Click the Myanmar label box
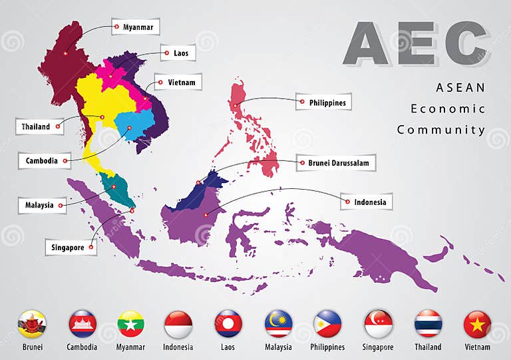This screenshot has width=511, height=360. click(135, 27)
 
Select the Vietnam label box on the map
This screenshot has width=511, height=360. click(178, 83)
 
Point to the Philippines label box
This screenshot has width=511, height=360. click(323, 102)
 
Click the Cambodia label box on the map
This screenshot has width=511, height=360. click(45, 160)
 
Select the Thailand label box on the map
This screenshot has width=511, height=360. click(39, 126)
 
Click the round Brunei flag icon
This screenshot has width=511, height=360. click(32, 324)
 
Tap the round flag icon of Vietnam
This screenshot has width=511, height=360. click(477, 324)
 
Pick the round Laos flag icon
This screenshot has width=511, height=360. click(228, 324)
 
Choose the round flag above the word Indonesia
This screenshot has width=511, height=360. click(178, 324)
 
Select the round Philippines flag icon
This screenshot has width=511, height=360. click(327, 324)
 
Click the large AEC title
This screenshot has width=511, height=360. click(416, 44)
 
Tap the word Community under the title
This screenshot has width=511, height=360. click(441, 130)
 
